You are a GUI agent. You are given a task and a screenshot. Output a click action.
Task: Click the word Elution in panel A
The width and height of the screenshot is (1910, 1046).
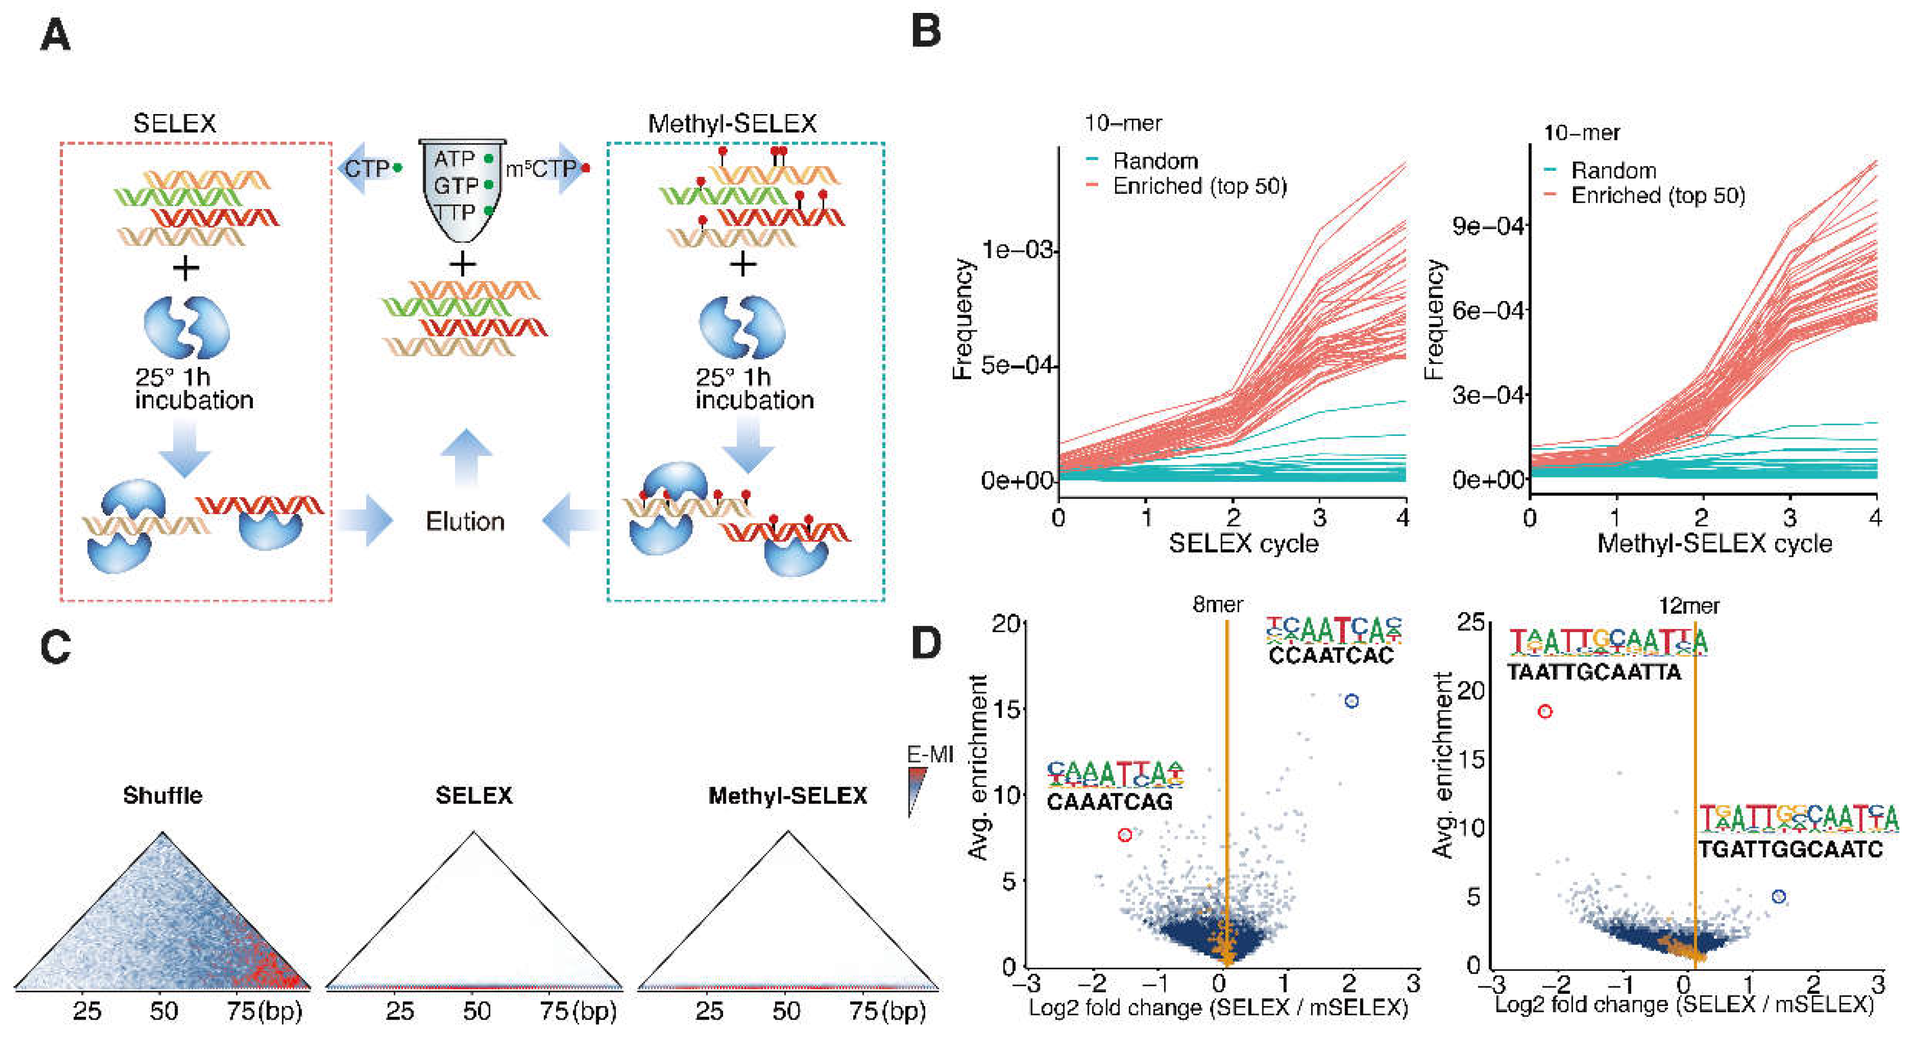coord(465,521)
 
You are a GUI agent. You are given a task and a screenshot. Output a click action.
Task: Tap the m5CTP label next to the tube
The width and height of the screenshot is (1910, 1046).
coord(542,170)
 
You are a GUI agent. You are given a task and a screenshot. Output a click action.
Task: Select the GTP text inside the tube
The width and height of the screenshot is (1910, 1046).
coord(454,185)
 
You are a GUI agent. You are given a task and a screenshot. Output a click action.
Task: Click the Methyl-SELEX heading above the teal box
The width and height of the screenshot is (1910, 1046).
coord(732,123)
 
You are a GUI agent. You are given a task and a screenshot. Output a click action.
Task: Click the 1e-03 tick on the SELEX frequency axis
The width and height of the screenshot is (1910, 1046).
coord(1017,250)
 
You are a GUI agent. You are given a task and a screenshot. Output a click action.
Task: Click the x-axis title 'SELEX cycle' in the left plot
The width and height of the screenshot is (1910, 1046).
coord(1243,543)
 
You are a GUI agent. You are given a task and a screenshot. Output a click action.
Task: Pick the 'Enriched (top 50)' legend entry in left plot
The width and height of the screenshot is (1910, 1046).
coord(1199,186)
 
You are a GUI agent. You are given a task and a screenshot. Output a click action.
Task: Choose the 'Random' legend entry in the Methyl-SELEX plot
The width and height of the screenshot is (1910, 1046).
coord(1613,171)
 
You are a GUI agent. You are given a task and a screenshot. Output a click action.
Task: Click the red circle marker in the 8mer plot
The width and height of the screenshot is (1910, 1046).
coord(1125,835)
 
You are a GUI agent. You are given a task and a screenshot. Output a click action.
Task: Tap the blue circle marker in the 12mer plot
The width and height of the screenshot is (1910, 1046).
coord(1778,896)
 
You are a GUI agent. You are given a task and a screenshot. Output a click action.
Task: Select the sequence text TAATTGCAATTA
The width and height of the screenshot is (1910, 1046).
coord(1594,672)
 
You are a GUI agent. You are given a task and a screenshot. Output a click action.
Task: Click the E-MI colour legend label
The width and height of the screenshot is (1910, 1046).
coord(930,754)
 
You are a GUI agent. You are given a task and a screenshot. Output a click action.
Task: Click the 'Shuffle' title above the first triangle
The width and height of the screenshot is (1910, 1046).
coord(162,795)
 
